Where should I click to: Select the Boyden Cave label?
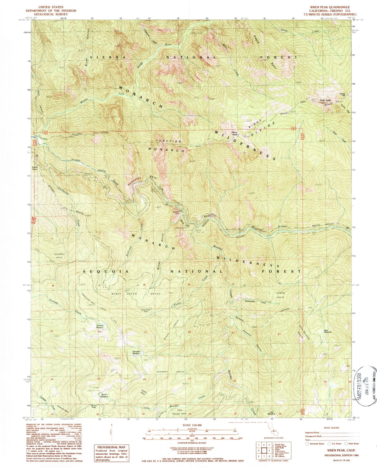176,212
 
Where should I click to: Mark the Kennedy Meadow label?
137,352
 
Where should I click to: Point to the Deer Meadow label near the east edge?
328,332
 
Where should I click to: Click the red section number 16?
144,285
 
